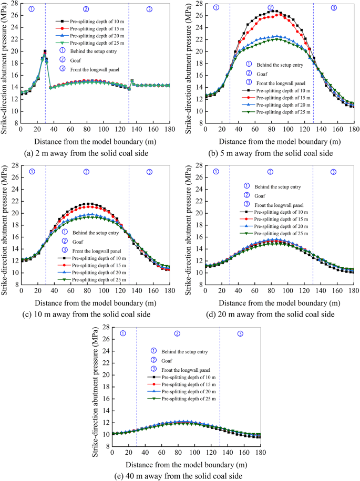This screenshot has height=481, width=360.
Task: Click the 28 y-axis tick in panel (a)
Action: click(15, 4)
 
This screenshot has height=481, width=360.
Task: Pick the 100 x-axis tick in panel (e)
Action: click(195, 453)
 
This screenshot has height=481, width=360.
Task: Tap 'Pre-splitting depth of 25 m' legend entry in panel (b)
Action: click(278, 112)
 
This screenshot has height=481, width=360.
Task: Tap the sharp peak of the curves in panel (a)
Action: click(45, 51)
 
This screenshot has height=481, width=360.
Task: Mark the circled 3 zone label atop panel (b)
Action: click(334, 8)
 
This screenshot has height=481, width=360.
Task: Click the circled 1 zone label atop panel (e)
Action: click(123, 333)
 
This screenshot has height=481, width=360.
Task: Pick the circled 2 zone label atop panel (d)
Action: click(271, 172)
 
